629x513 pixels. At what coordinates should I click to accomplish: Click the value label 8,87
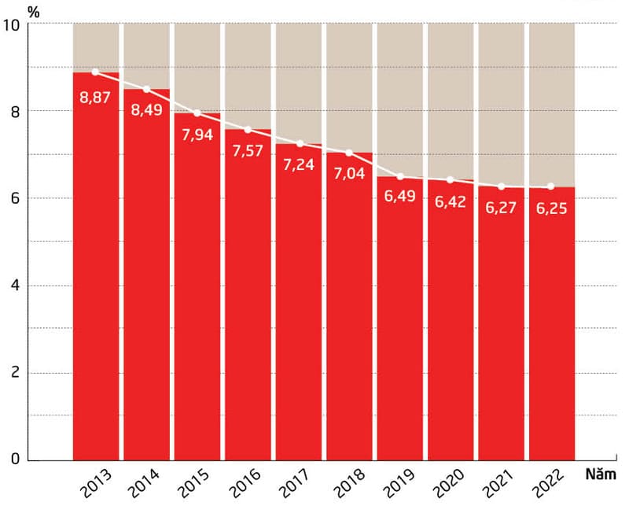[95, 98]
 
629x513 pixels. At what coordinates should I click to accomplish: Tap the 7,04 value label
[349, 174]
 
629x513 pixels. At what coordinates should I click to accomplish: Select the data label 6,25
[550, 210]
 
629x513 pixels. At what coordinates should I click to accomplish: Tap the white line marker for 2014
[146, 89]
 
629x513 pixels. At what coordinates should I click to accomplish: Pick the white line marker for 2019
[399, 176]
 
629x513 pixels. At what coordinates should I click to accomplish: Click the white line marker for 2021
[501, 186]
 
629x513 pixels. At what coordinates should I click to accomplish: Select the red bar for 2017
[298, 315]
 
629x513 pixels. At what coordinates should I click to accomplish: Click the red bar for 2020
[450, 330]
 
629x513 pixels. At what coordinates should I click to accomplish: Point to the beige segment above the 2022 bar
[551, 102]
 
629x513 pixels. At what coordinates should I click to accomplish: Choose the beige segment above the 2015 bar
[197, 67]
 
